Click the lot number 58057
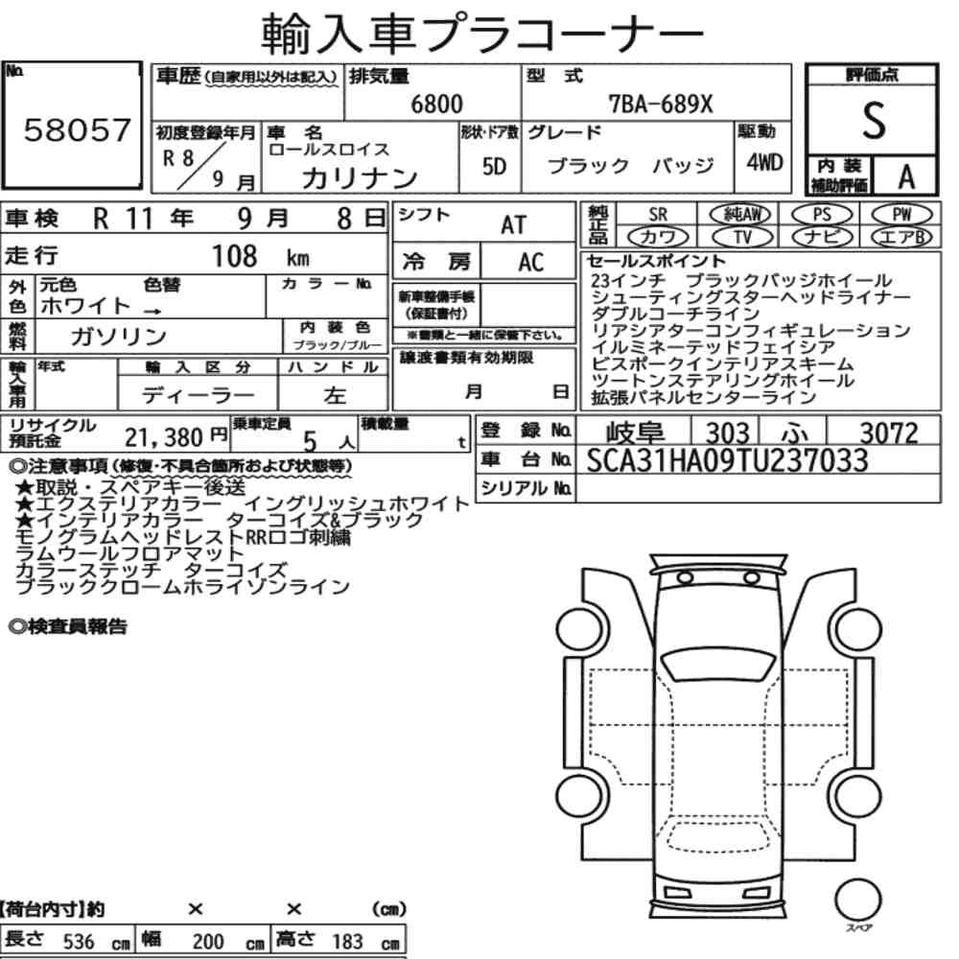pos(77,129)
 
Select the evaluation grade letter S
pos(874,121)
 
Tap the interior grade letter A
pos(906,177)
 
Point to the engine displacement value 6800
pos(436,104)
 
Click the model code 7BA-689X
pos(661,104)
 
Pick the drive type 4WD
pos(764,162)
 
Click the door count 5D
pos(494,166)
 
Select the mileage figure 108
pos(234,256)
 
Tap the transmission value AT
pos(513,225)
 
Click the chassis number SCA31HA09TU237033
pos(727,460)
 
